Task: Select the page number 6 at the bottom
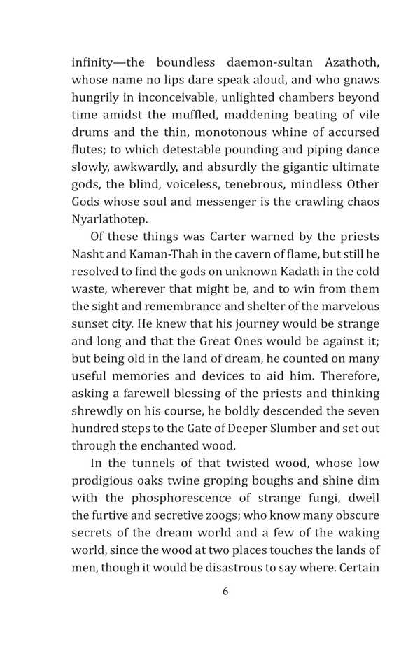click(x=225, y=592)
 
